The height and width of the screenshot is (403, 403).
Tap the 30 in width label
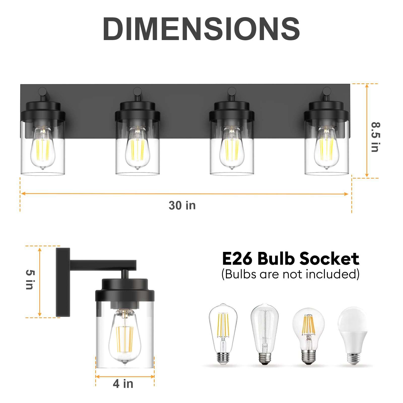coord(182,205)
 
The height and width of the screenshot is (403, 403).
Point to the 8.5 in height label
coord(375,137)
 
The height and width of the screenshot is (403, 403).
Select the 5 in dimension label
coord(30,280)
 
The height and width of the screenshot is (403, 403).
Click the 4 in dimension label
coord(123,384)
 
